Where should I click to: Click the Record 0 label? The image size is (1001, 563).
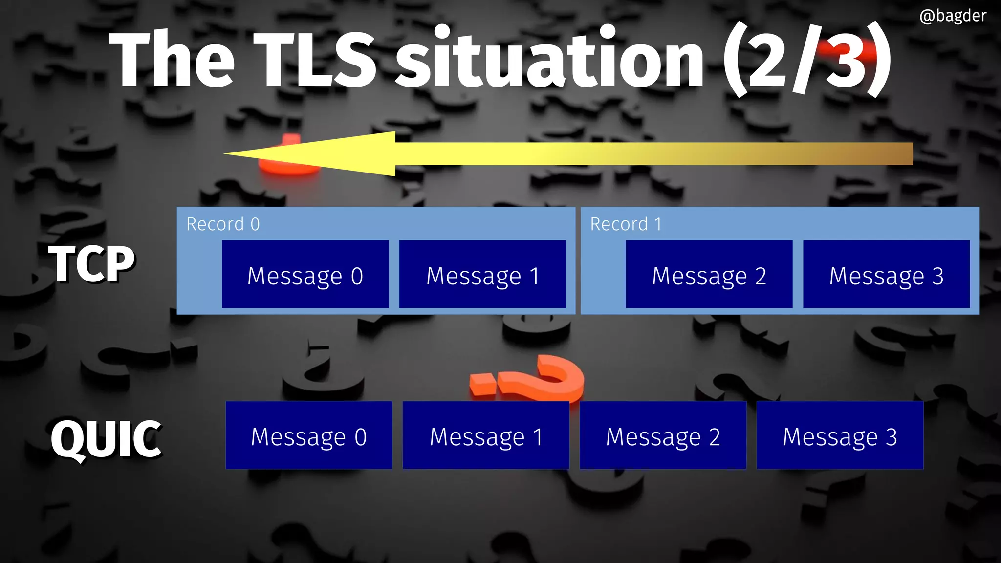coord(223,224)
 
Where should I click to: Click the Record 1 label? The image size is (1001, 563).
coord(626,224)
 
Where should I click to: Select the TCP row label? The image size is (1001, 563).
coord(91,263)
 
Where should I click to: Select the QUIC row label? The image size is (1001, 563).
coord(106,439)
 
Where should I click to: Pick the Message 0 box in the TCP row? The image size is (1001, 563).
coord(305,274)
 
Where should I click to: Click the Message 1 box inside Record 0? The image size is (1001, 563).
coord(482,274)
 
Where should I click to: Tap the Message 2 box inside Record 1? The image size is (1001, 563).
coord(709,274)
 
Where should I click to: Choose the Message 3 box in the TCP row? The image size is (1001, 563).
coord(886,274)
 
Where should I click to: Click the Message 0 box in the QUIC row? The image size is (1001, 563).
coord(308,435)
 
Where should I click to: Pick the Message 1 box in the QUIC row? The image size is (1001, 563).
coord(486,435)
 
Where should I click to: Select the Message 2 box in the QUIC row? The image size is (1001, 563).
coord(663,435)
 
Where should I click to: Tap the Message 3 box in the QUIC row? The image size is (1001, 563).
coord(840,435)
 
